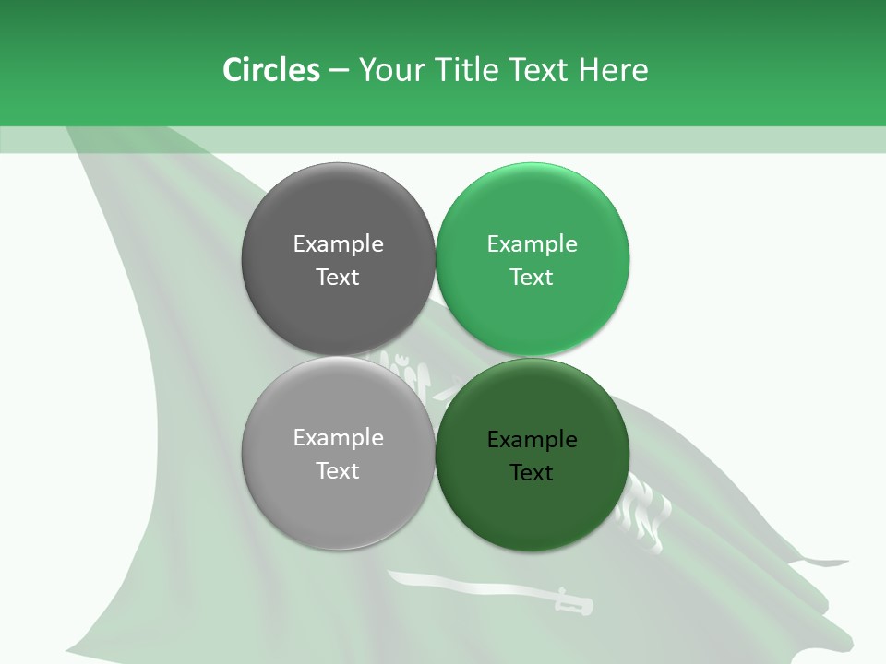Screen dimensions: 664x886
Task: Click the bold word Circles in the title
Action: pyautogui.click(x=270, y=70)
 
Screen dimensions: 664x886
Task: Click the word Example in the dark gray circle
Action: pyautogui.click(x=338, y=244)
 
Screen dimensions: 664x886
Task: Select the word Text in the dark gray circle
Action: pyautogui.click(x=338, y=278)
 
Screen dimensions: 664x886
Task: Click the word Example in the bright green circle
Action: pyautogui.click(x=532, y=244)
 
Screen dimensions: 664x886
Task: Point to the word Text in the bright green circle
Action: pyautogui.click(x=532, y=278)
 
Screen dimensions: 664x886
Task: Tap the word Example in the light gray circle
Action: pyautogui.click(x=338, y=438)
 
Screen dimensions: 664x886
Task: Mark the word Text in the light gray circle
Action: pyautogui.click(x=338, y=471)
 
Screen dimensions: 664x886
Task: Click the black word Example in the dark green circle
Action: pyautogui.click(x=532, y=440)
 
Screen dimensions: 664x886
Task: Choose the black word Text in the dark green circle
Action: pyautogui.click(x=532, y=473)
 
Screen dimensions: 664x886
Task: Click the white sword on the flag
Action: pyautogui.click(x=480, y=587)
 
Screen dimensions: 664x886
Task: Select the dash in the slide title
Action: pyautogui.click(x=338, y=71)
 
